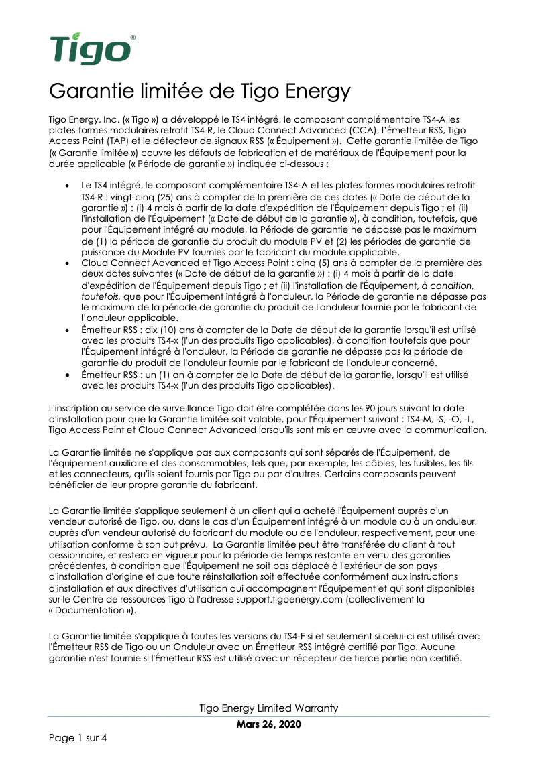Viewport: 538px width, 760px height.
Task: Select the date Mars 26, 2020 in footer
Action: point(269,725)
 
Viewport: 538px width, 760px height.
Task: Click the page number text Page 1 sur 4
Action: point(78,739)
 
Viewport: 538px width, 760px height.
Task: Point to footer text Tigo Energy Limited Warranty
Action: point(269,708)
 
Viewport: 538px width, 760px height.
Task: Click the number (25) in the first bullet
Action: point(169,198)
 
